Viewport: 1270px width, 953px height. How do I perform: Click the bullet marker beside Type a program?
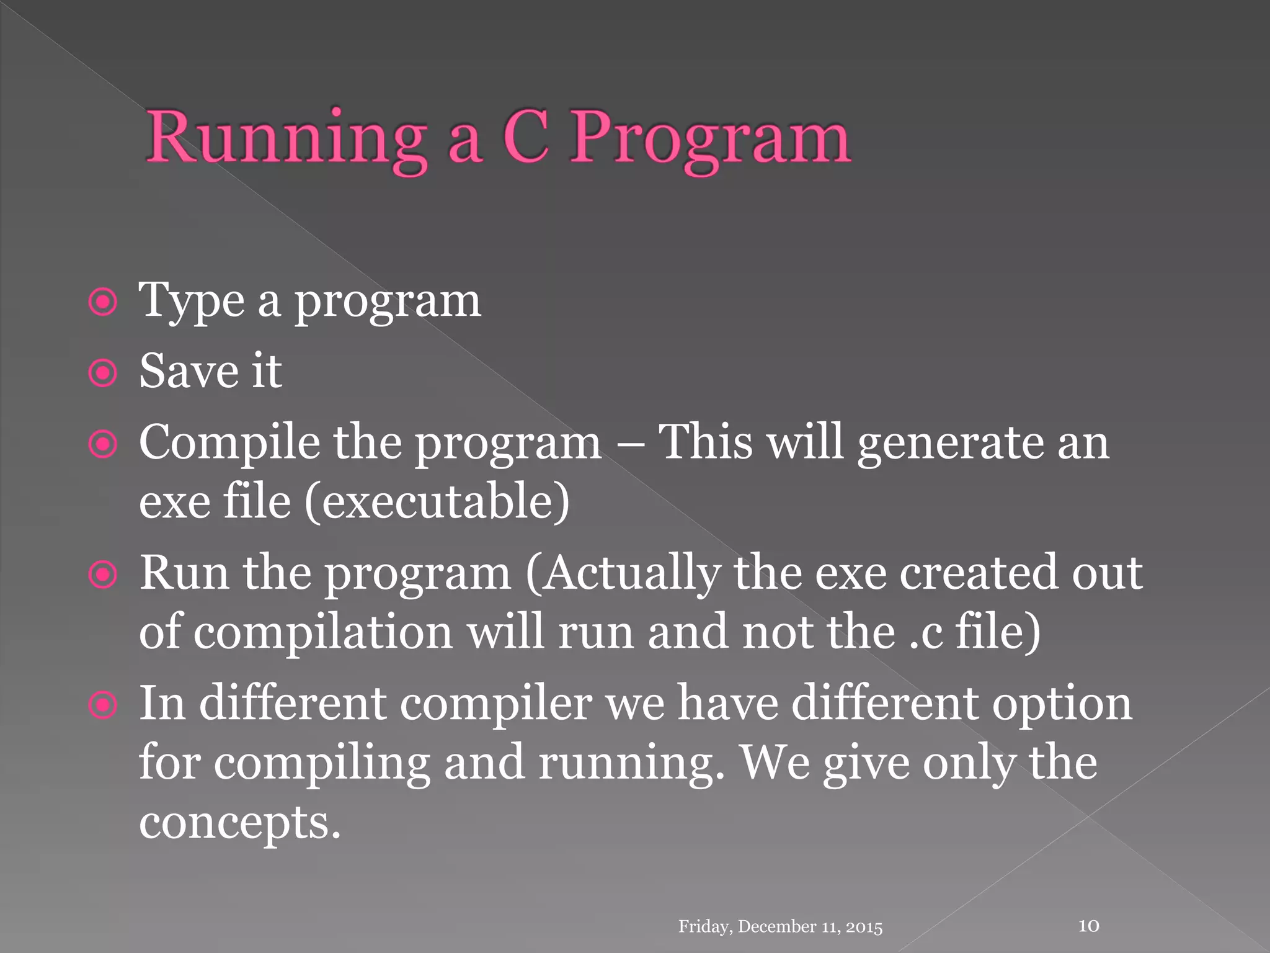(x=102, y=303)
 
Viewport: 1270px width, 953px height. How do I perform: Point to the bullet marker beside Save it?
(x=102, y=374)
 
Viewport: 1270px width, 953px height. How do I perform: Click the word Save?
(x=189, y=371)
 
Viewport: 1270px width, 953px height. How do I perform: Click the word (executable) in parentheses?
(x=437, y=501)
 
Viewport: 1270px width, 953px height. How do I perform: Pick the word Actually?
(x=624, y=573)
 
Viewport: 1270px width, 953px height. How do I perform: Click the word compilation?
(x=323, y=633)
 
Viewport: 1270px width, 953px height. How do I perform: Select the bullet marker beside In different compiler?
(x=102, y=705)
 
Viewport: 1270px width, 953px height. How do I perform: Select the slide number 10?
(x=1089, y=926)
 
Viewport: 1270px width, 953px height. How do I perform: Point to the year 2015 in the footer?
(x=864, y=927)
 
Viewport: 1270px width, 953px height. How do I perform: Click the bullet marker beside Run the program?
(x=102, y=575)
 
